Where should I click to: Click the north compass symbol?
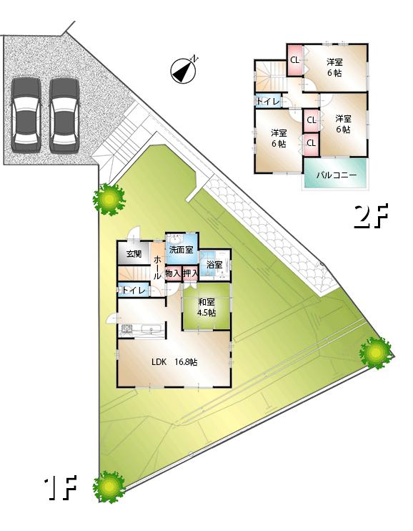(184, 69)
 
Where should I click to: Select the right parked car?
(64, 113)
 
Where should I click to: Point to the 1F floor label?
(60, 489)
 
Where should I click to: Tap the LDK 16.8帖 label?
(174, 361)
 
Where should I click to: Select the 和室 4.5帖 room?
(206, 307)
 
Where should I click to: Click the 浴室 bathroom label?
(214, 265)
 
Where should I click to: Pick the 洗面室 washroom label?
(181, 250)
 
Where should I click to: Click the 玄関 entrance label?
(134, 253)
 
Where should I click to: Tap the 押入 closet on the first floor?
(190, 273)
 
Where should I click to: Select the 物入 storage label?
(173, 273)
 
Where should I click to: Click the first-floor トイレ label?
(134, 291)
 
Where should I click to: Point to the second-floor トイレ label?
(268, 102)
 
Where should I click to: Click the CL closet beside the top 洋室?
(294, 60)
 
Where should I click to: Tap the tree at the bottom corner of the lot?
(109, 487)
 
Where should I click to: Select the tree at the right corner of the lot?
(375, 351)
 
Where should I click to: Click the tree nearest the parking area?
(109, 198)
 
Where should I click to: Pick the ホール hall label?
(157, 268)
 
